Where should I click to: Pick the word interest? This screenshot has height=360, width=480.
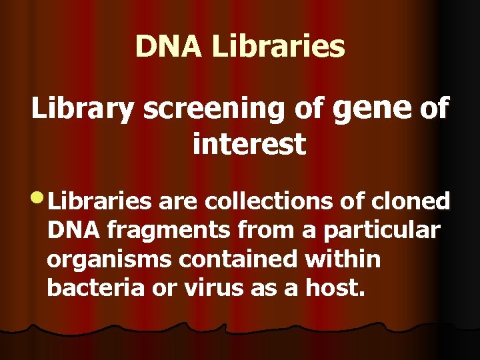click(x=249, y=144)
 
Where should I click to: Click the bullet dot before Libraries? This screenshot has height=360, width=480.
click(x=39, y=198)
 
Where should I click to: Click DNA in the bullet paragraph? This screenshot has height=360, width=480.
click(x=74, y=230)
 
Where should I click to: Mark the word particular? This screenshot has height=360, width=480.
click(x=381, y=231)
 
